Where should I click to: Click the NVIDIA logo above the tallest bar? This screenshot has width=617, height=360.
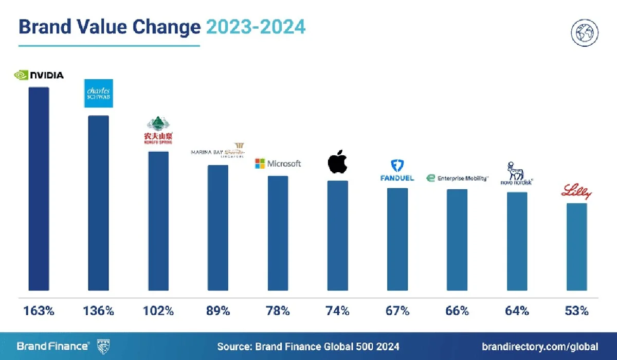(39, 75)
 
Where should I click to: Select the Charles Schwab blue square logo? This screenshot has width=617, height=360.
(98, 94)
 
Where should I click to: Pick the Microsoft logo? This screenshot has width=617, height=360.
(278, 164)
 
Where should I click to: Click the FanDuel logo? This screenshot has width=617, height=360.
(397, 171)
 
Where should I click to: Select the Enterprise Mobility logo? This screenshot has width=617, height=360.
(457, 178)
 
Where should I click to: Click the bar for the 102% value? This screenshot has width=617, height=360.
(158, 221)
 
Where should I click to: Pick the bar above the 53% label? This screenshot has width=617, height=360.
(576, 246)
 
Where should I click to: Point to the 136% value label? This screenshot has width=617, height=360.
(98, 311)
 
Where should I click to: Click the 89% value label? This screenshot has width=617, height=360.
(218, 311)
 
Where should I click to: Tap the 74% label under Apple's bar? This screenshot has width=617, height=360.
(338, 311)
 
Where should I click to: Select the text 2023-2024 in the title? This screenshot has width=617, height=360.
(256, 27)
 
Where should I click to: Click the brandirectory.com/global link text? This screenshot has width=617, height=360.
(540, 346)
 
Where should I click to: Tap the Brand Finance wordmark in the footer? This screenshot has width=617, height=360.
(53, 346)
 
